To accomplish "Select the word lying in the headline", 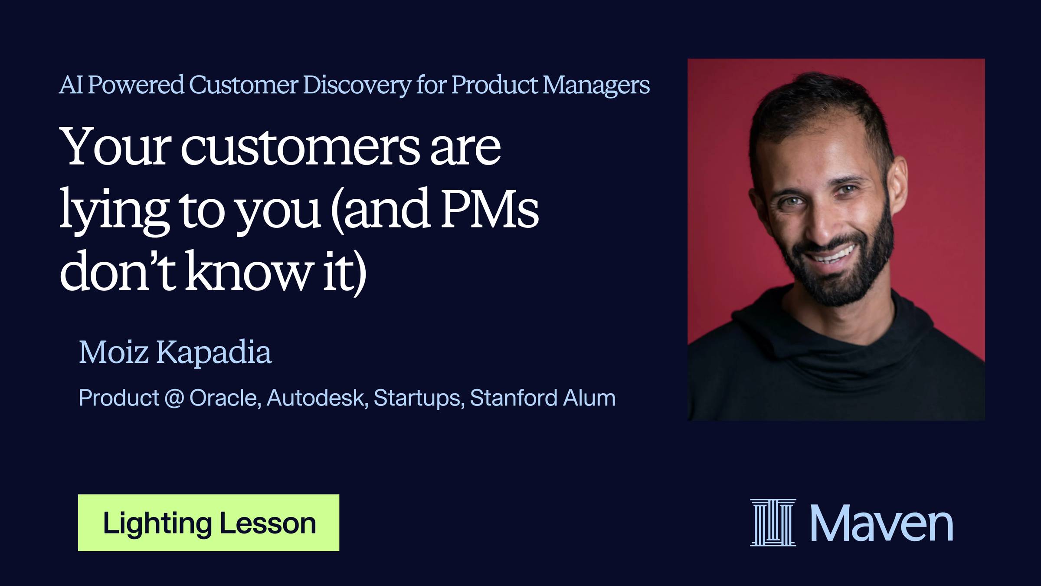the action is pyautogui.click(x=114, y=211).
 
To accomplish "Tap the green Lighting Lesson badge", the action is pyautogui.click(x=209, y=523).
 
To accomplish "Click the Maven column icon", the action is pyautogui.click(x=773, y=522).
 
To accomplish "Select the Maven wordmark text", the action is pyautogui.click(x=881, y=523).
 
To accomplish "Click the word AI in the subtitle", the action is pyautogui.click(x=71, y=85).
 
